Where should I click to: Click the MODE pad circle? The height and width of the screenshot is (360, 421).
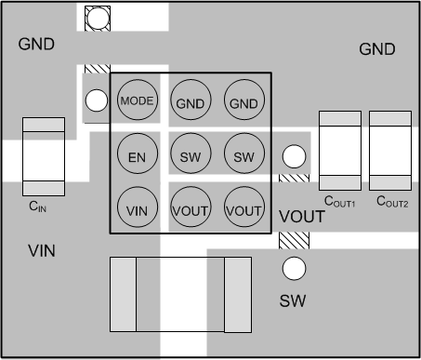(x=137, y=100)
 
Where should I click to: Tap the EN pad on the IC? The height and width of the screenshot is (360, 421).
(x=137, y=156)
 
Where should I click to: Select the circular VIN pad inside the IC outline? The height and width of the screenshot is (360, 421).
(x=137, y=210)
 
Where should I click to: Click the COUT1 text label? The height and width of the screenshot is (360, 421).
(x=340, y=201)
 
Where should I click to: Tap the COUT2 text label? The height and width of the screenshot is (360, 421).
(x=392, y=201)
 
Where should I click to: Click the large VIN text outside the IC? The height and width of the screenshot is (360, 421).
(x=45, y=250)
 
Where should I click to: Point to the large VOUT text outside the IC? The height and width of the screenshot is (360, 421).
(x=302, y=217)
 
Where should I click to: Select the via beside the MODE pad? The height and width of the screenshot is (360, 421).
(x=95, y=100)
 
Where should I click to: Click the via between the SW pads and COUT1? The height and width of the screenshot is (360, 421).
(x=294, y=156)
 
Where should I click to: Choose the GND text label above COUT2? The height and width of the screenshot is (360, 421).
(x=376, y=49)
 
